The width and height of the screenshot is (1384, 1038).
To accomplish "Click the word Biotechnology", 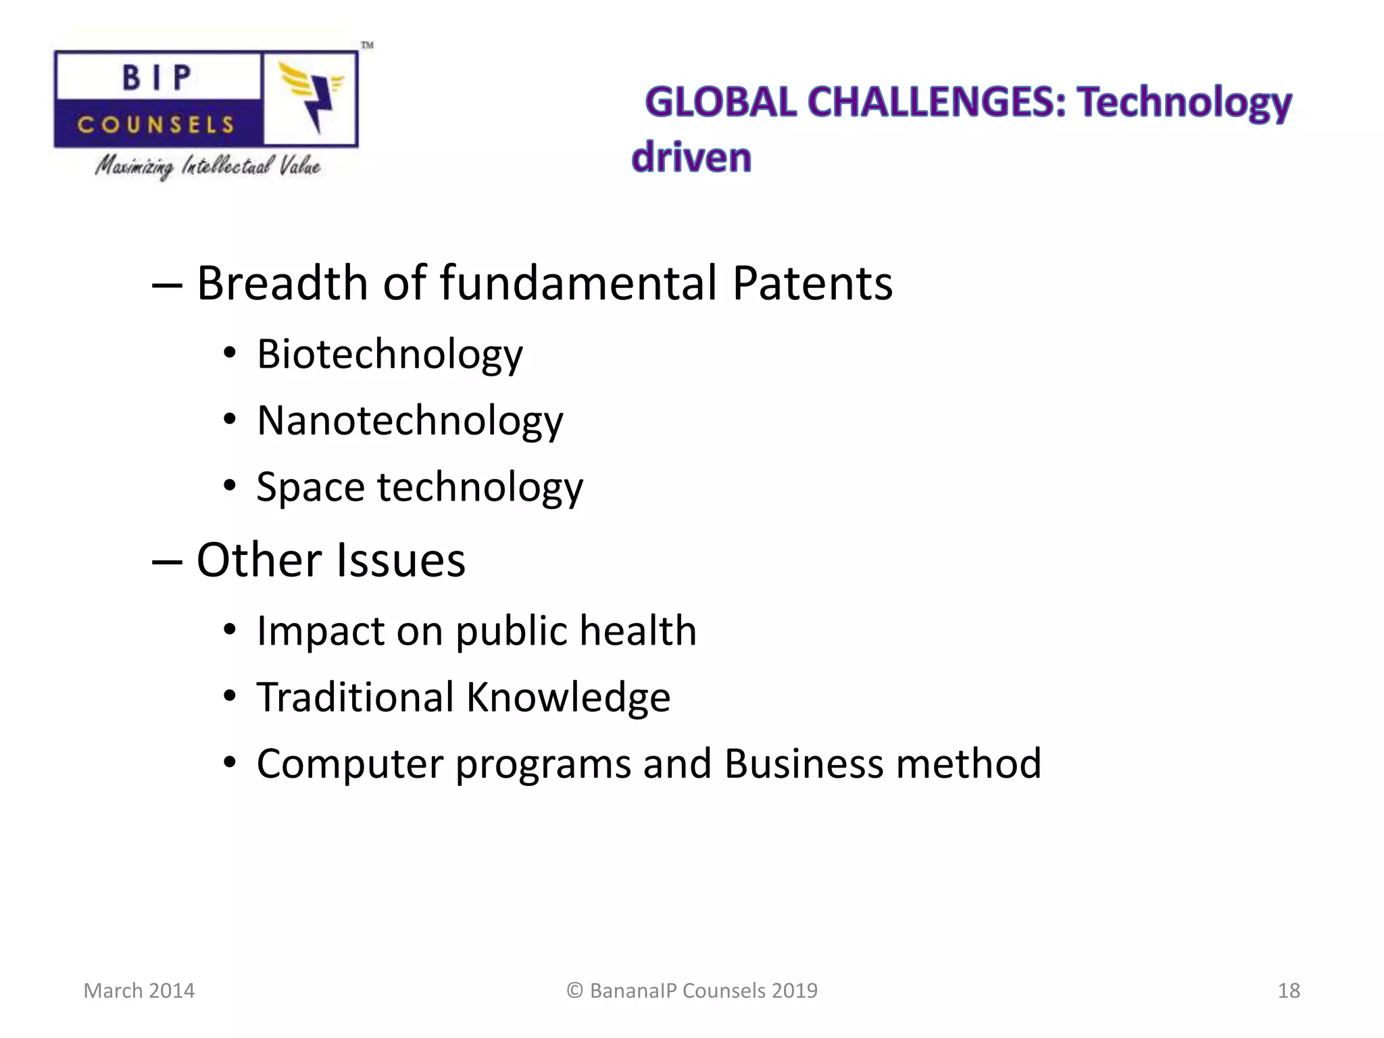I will click(389, 354).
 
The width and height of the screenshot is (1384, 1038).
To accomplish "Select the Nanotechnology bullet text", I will click(410, 420).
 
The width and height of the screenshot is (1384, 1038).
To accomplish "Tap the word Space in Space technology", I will click(310, 487).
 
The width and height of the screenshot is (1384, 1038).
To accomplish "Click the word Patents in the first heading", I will click(812, 282).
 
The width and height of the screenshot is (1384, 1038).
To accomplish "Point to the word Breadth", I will click(281, 282).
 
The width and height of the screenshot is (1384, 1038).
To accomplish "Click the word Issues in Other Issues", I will click(400, 560).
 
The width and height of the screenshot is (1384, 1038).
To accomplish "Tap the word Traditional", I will click(355, 697).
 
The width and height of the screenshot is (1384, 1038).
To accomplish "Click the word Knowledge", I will click(568, 697).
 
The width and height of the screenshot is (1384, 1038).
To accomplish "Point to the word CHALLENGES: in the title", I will click(937, 103).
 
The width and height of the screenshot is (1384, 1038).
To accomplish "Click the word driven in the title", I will click(691, 157).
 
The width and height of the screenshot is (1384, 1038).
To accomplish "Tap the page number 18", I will click(1288, 991).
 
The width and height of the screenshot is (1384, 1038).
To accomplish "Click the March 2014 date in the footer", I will click(139, 991).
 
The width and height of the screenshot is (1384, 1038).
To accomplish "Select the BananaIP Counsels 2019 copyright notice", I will click(692, 991).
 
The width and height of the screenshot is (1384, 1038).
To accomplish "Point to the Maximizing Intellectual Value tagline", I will click(207, 166).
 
